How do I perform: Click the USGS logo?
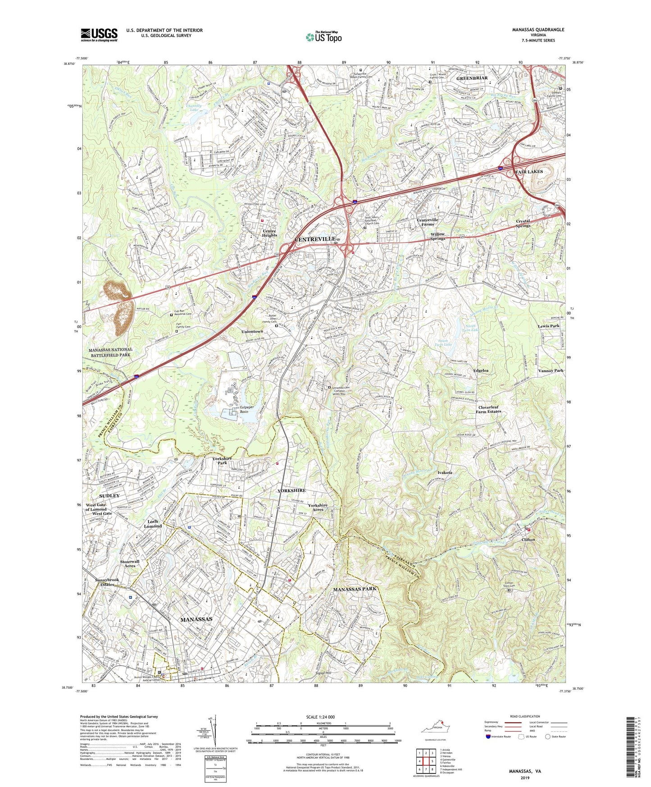99,34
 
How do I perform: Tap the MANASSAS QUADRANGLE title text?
538,30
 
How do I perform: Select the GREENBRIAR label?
472,78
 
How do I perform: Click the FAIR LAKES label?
528,172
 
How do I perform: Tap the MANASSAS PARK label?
355,589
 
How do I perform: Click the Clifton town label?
528,540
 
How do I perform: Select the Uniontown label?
252,331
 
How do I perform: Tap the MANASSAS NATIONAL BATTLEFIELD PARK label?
110,352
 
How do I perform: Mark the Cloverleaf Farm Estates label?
489,409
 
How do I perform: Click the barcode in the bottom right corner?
630,748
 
